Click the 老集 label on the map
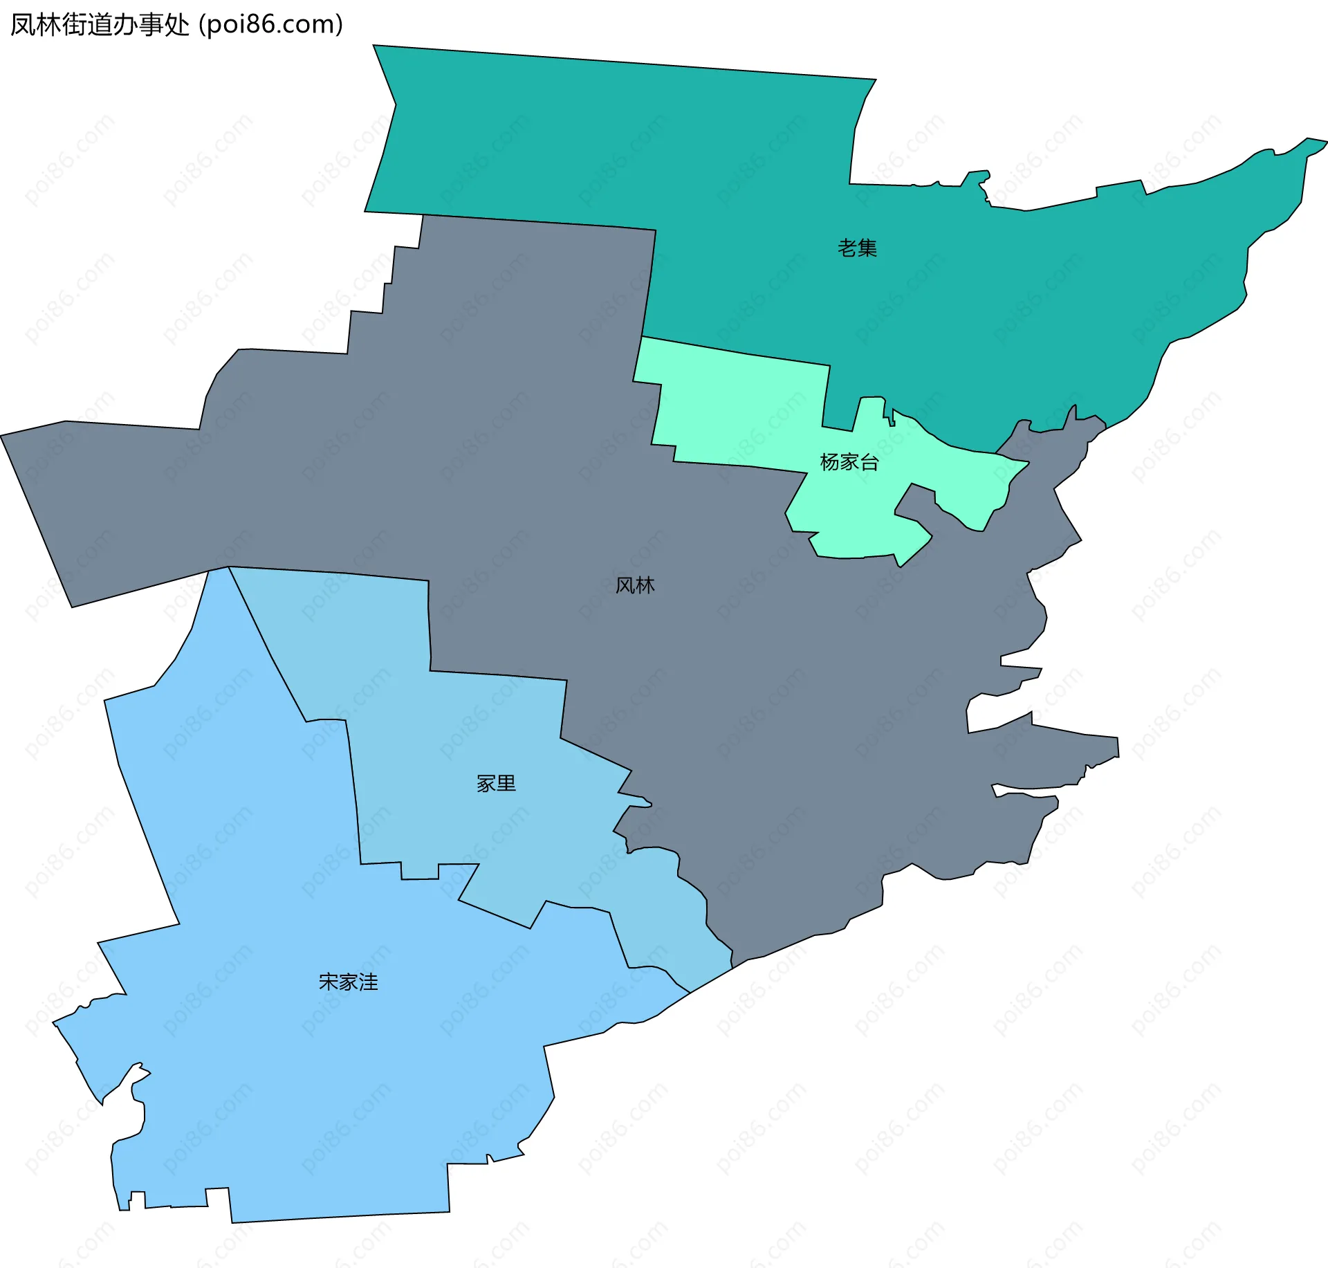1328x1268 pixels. pos(857,248)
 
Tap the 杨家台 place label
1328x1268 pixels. pos(849,461)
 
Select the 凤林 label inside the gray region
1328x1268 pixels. pos(635,585)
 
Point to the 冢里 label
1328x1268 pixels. pos(496,783)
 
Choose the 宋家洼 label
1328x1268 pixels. pos(348,982)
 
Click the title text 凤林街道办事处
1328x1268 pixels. pos(100,25)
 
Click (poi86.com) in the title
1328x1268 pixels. pos(271,25)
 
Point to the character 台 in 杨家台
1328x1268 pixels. pos(869,461)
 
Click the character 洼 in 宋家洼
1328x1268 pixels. pos(368,982)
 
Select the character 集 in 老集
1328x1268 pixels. pos(867,248)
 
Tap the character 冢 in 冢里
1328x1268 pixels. pos(486,783)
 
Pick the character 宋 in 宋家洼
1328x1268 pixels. pos(328,982)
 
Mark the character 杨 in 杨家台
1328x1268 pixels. pos(829,461)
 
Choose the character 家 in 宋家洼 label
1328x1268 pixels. pos(348,982)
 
